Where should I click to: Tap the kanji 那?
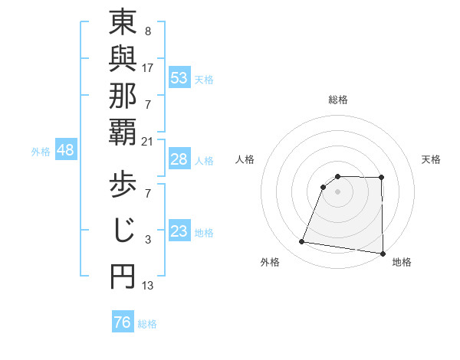[123, 99]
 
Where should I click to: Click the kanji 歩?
[123, 186]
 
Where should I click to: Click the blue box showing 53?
[179, 77]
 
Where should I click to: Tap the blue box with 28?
[179, 159]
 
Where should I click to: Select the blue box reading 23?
[179, 231]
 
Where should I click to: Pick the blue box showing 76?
[122, 322]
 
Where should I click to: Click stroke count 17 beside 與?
[148, 67]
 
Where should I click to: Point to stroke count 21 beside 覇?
[148, 142]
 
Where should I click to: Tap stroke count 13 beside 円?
[148, 286]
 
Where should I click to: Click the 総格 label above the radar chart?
[338, 100]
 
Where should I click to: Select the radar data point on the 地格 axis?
[383, 254]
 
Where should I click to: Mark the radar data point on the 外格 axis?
[302, 242]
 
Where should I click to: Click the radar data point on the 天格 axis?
[381, 178]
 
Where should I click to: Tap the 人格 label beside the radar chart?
[245, 159]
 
